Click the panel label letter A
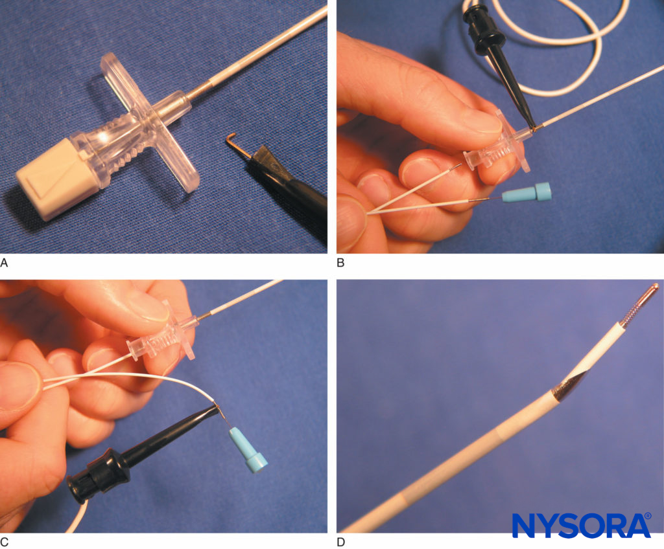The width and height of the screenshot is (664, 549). [5, 263]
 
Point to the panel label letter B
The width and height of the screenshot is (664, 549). [341, 263]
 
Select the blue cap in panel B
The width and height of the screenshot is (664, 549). [534, 192]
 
